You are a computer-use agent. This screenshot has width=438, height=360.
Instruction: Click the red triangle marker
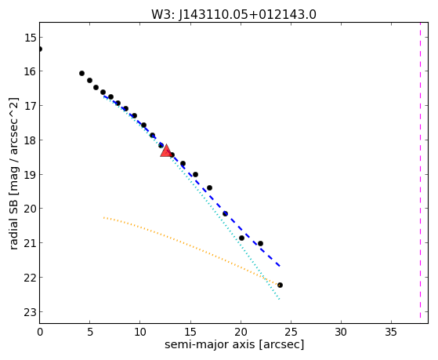[x=166, y=151]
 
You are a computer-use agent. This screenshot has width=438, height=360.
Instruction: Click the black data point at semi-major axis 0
[x=40, y=49]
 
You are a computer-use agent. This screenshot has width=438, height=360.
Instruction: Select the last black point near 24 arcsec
[x=280, y=285]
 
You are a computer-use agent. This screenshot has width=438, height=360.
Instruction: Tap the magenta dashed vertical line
[x=420, y=170]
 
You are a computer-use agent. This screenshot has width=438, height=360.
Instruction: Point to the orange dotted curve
[x=192, y=245]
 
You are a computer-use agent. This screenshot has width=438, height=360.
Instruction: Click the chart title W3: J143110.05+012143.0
[x=233, y=15]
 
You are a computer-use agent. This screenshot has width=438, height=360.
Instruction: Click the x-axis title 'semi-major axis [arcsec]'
[x=234, y=344]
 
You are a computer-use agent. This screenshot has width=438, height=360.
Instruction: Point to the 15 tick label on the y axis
[x=30, y=38]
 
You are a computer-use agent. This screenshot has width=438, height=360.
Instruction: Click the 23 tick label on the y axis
[x=30, y=312]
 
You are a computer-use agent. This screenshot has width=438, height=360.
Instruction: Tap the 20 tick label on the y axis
[x=30, y=209]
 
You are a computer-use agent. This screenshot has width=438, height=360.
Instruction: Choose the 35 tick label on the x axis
[x=391, y=332]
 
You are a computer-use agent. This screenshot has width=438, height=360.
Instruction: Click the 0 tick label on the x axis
[x=40, y=332]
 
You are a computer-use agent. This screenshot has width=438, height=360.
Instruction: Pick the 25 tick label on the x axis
[x=291, y=332]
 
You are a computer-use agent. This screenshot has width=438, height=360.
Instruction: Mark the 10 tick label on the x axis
[x=140, y=332]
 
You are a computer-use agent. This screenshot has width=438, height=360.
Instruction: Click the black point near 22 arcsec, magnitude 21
[x=260, y=244]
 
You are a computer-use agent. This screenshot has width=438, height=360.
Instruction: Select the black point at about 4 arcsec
[x=81, y=73]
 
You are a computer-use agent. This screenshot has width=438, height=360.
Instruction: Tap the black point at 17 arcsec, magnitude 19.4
[x=209, y=187]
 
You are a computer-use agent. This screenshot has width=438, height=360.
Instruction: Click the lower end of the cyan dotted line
[x=279, y=299]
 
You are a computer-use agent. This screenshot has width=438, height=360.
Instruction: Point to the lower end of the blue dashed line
[x=280, y=266]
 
